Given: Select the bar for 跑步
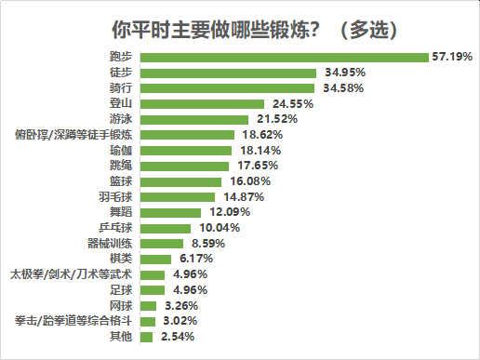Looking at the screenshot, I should [287, 57].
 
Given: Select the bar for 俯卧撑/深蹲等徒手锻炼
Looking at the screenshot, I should [192, 135].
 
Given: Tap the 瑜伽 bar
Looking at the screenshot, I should [191, 150].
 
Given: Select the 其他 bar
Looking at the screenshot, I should [151, 337].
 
